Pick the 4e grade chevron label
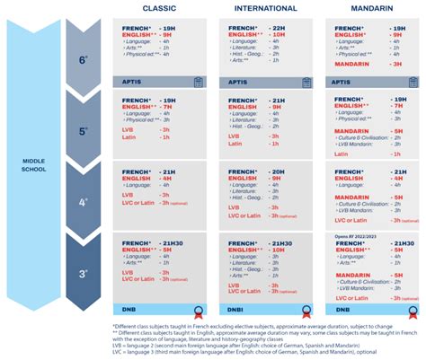(84, 202)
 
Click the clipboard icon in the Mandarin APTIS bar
(409, 81)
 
